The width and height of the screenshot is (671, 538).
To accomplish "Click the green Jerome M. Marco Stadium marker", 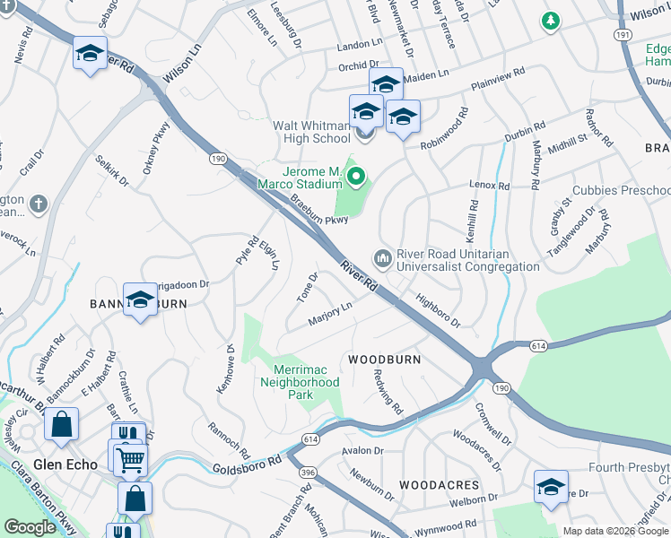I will tap(356, 177).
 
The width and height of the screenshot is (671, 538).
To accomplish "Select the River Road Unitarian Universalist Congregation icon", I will tap(383, 259).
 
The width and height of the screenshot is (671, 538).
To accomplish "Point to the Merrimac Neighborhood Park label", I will tap(300, 376).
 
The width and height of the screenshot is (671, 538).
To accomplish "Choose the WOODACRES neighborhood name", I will tap(439, 484).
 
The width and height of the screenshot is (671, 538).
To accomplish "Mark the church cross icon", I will tap(37, 204).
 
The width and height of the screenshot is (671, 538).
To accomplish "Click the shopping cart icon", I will tap(131, 461).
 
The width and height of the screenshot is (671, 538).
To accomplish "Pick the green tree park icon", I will tap(550, 20).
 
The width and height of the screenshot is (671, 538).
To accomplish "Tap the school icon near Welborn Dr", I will tap(551, 486).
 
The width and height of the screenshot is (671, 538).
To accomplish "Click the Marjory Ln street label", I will tap(329, 314).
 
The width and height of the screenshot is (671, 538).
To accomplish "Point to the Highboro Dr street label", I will tap(437, 310).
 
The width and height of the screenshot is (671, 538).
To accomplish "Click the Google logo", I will tap(30, 527).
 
